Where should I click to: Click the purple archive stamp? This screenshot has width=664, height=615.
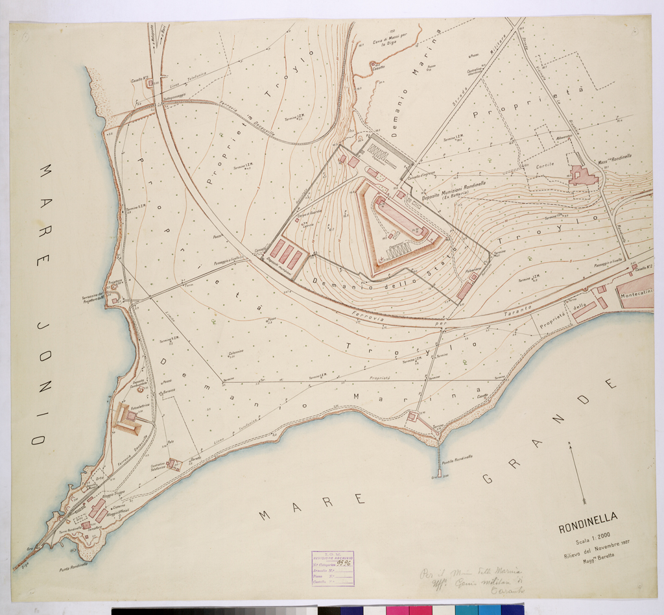tap(332, 568)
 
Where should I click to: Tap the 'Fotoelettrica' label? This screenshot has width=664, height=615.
tap(140, 408)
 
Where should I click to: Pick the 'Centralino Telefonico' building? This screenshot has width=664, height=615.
tap(172, 464)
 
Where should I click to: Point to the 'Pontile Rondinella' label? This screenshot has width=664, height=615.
tap(458, 457)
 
